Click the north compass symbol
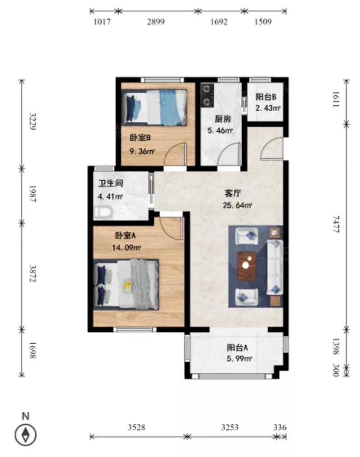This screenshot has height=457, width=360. (26, 435)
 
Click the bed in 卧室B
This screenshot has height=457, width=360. (155, 106)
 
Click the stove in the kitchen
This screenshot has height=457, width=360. (209, 95)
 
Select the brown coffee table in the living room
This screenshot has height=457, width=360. (247, 266)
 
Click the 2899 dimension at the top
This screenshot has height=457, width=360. (156, 22)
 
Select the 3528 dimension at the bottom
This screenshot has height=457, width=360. (136, 427)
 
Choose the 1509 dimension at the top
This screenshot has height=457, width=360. (263, 22)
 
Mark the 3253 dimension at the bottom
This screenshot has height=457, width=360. (230, 427)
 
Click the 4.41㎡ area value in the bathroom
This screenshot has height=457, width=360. (110, 197)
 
